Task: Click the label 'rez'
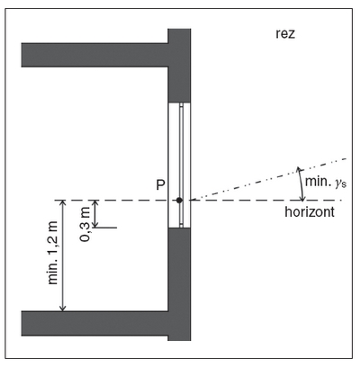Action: tap(285, 33)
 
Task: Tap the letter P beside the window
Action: tap(160, 185)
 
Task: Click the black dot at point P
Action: tap(179, 201)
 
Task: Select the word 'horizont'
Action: tap(310, 211)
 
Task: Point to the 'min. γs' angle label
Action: tap(326, 182)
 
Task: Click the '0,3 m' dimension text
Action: tap(85, 225)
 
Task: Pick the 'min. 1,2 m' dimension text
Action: tap(53, 253)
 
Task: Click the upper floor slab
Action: tap(94, 55)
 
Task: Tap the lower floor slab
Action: tap(94, 323)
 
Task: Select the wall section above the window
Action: tap(179, 66)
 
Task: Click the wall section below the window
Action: tap(179, 284)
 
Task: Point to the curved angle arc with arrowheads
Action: tap(300, 183)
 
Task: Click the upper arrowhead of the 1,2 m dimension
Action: tap(63, 203)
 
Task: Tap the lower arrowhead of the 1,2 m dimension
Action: tap(63, 308)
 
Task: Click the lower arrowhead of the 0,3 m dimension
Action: tap(95, 225)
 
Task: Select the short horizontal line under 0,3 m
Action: tap(104, 228)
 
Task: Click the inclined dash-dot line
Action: tap(269, 179)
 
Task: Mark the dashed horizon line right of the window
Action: tap(267, 200)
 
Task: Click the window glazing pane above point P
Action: tap(181, 150)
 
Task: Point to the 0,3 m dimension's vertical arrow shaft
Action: tap(95, 214)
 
